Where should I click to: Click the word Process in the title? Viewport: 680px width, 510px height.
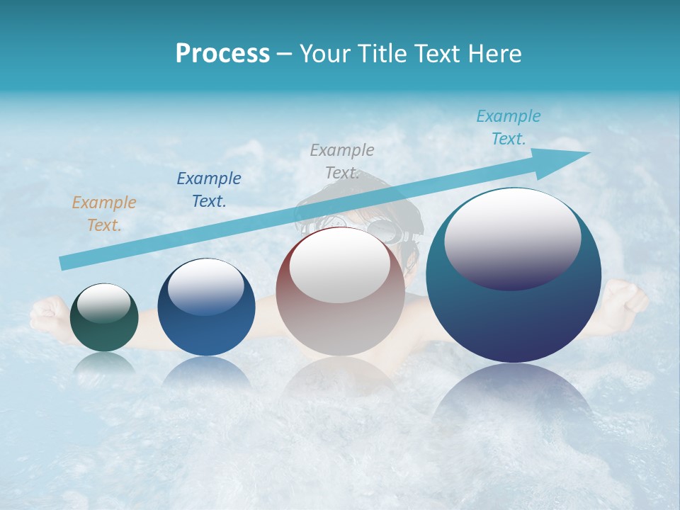coord(222,53)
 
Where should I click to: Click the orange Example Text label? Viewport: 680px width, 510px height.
coord(104,214)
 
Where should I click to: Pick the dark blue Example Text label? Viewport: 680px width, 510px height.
coord(209,189)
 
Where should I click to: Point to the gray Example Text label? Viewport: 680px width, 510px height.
coord(342,161)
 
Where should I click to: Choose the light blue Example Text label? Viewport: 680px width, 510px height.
coord(509,127)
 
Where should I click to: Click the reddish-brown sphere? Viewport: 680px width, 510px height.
coord(340,319)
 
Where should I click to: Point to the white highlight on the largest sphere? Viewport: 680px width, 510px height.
coord(513,234)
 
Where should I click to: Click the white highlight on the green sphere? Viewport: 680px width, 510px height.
coord(104,304)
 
